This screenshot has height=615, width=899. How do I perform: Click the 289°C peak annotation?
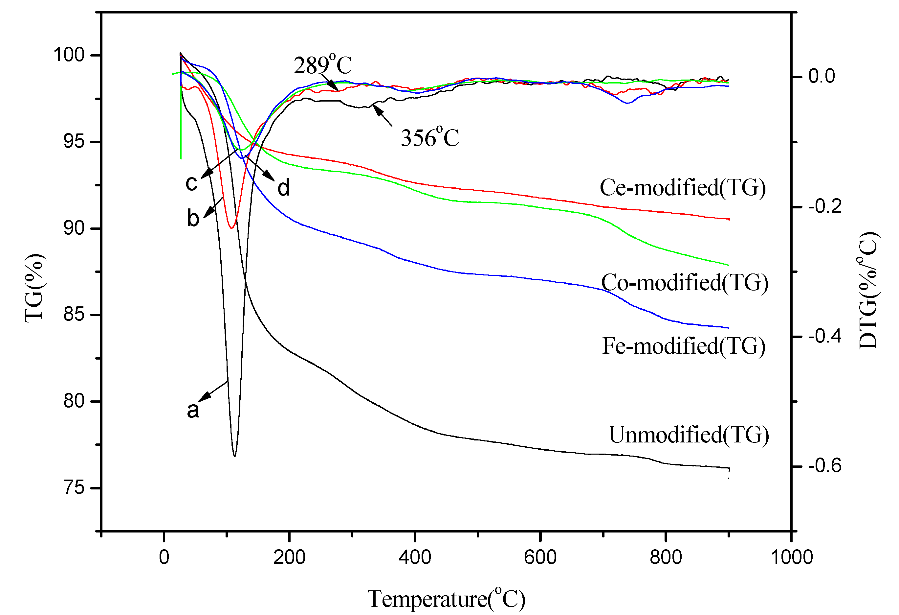click(323, 65)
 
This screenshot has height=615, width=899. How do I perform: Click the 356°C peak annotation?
click(430, 137)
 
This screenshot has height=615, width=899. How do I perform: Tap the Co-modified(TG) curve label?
click(684, 282)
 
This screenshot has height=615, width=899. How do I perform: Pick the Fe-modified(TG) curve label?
click(684, 346)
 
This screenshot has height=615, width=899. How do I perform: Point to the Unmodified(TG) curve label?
click(689, 435)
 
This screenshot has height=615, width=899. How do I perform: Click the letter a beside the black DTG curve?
click(193, 410)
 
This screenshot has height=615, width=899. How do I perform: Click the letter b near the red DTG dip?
click(193, 218)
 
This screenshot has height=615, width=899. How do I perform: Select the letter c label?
click(191, 183)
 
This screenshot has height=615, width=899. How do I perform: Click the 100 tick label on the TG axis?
click(69, 55)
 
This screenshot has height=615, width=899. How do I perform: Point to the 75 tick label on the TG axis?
click(74, 487)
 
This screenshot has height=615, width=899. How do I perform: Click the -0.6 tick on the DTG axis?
click(824, 466)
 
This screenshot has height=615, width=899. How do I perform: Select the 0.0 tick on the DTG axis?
click(822, 76)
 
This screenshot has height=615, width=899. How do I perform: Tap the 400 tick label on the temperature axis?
click(415, 558)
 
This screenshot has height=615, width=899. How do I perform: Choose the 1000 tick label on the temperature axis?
click(791, 558)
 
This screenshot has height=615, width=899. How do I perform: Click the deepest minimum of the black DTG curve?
click(234, 456)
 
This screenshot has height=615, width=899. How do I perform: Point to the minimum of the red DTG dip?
click(231, 228)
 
